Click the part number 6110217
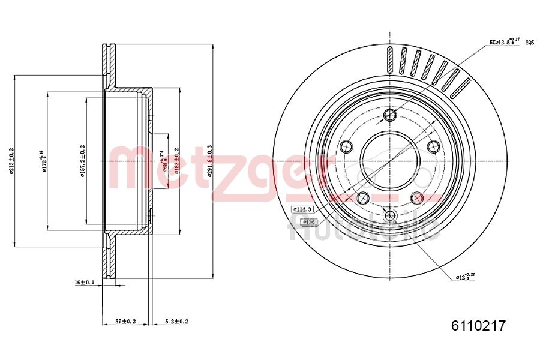pos(478,326)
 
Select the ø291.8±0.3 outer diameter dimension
pos(209,161)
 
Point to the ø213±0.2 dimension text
pos(11,161)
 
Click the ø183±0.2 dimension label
pos(176,161)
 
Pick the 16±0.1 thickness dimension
pos(85,282)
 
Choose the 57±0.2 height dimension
pos(125,322)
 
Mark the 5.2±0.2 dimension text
pos(176,322)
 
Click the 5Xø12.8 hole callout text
pos(503,42)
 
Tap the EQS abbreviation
pos(529,43)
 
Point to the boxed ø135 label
pos(308,222)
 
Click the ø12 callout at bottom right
pos(465,276)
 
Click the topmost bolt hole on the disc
pos(390,115)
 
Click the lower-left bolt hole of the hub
pos(362,197)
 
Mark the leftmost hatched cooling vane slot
pos(390,60)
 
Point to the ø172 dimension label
pos(43,161)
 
